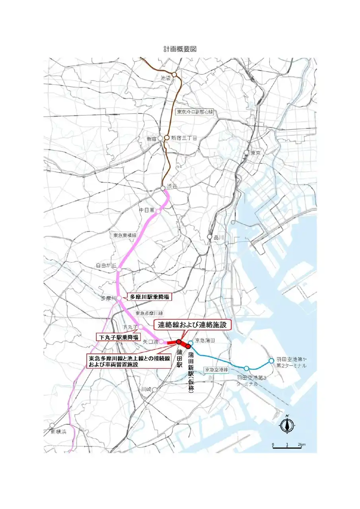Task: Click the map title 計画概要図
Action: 180,49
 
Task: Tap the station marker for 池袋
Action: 174,74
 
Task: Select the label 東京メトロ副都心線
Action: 195,112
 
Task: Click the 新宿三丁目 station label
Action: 184,138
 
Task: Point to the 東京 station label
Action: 255,153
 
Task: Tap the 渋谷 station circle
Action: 163,188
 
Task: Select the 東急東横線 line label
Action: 125,235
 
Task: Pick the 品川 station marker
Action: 210,237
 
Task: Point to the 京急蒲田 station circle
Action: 191,343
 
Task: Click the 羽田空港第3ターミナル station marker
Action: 247,368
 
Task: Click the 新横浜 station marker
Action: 52,425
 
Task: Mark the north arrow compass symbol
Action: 286,424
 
